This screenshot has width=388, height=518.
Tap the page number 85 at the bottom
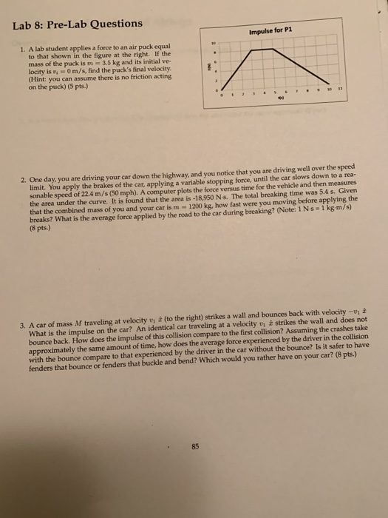coord(196,446)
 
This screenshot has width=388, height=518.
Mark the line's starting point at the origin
coord(221,89)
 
